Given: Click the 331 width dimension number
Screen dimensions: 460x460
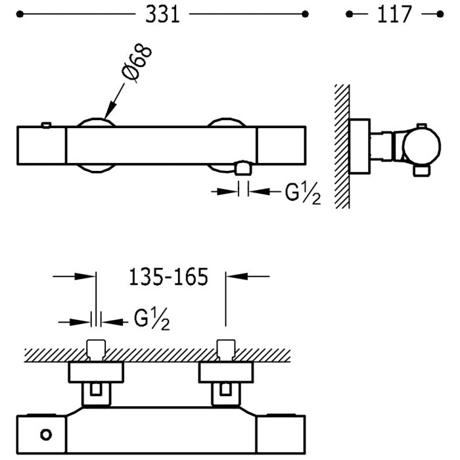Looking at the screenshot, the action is (162, 14).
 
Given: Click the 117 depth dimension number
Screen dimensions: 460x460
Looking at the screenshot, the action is (394, 14).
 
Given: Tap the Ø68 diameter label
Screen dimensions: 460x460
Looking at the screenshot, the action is (137, 62).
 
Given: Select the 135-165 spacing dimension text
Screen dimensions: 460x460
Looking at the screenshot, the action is (168, 277).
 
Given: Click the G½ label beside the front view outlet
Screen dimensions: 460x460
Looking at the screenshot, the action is (303, 194).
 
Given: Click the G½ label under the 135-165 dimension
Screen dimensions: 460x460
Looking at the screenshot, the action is (152, 319).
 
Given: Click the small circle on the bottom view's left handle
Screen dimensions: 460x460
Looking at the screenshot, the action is (46, 434).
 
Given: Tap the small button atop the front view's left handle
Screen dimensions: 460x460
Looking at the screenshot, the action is (47, 126).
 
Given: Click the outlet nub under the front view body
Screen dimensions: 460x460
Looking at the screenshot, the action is (243, 168).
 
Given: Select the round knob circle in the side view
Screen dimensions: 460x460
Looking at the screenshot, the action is (422, 147).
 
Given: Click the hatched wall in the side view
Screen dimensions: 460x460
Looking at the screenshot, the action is (342, 147).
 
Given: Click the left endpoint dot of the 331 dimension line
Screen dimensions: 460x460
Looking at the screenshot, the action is (20, 14).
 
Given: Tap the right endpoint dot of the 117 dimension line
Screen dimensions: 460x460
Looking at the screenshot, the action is (440, 14).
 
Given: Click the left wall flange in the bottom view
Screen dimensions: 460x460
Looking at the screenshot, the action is (96, 373).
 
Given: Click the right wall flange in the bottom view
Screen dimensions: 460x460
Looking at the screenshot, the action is (226, 373).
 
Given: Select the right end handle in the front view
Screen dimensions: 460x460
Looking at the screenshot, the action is (282, 145).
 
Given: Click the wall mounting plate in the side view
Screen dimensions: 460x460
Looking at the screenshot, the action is (360, 147).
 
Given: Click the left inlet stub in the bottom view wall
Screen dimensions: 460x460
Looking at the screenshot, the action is (96, 350).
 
